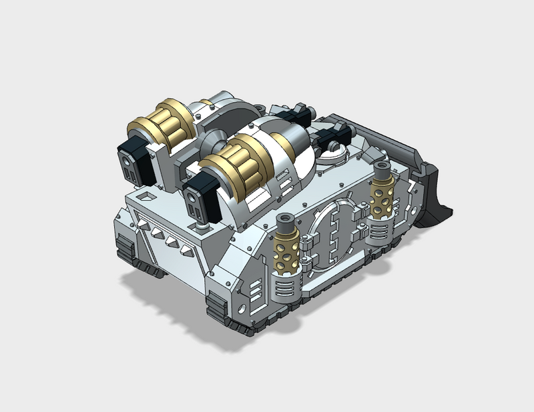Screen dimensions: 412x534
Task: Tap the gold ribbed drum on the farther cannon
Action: click(164, 125)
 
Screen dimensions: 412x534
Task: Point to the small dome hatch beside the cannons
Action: click(330, 156)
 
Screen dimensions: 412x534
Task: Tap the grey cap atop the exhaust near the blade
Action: click(381, 166)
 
